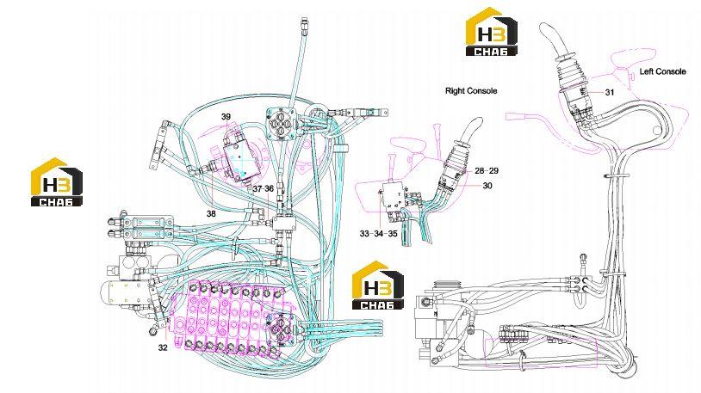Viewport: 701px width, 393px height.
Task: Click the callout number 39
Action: tap(226, 117)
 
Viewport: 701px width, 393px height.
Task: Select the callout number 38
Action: tap(211, 214)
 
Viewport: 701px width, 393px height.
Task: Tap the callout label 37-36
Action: tap(263, 189)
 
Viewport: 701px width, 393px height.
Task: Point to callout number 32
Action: tap(163, 347)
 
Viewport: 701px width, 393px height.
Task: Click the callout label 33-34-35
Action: tap(378, 234)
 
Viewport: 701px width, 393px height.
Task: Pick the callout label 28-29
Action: tap(487, 170)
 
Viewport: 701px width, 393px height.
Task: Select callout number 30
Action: tap(487, 185)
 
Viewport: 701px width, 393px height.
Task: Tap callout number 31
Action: tap(610, 92)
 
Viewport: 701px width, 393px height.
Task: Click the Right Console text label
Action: tap(471, 90)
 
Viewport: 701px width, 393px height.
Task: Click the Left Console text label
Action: tap(662, 71)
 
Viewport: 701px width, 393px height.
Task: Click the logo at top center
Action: tap(492, 32)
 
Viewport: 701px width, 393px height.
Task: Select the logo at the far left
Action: tap(56, 181)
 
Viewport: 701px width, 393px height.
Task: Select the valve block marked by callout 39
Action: tap(242, 157)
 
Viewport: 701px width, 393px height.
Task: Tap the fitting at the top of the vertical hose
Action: tap(304, 27)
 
